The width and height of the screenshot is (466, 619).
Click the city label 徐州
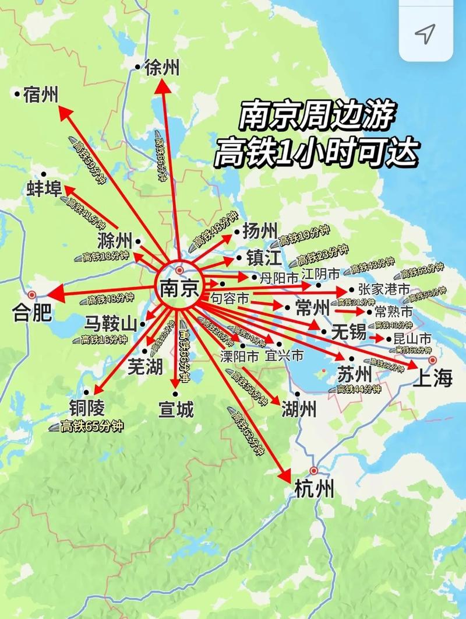click(x=162, y=68)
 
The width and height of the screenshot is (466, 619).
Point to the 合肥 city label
click(x=32, y=316)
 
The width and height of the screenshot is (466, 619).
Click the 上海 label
click(x=433, y=379)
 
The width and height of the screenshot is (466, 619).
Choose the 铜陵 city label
click(x=89, y=408)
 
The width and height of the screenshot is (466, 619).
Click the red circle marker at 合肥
click(x=32, y=295)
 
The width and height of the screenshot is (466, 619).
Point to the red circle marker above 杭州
click(x=315, y=470)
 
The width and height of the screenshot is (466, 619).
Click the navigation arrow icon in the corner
click(x=426, y=33)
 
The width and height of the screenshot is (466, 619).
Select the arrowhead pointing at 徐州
click(x=163, y=86)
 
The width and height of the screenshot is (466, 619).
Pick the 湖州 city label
click(x=299, y=410)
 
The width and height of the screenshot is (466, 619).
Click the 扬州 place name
click(x=260, y=230)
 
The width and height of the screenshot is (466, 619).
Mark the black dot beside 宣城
click(x=175, y=394)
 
